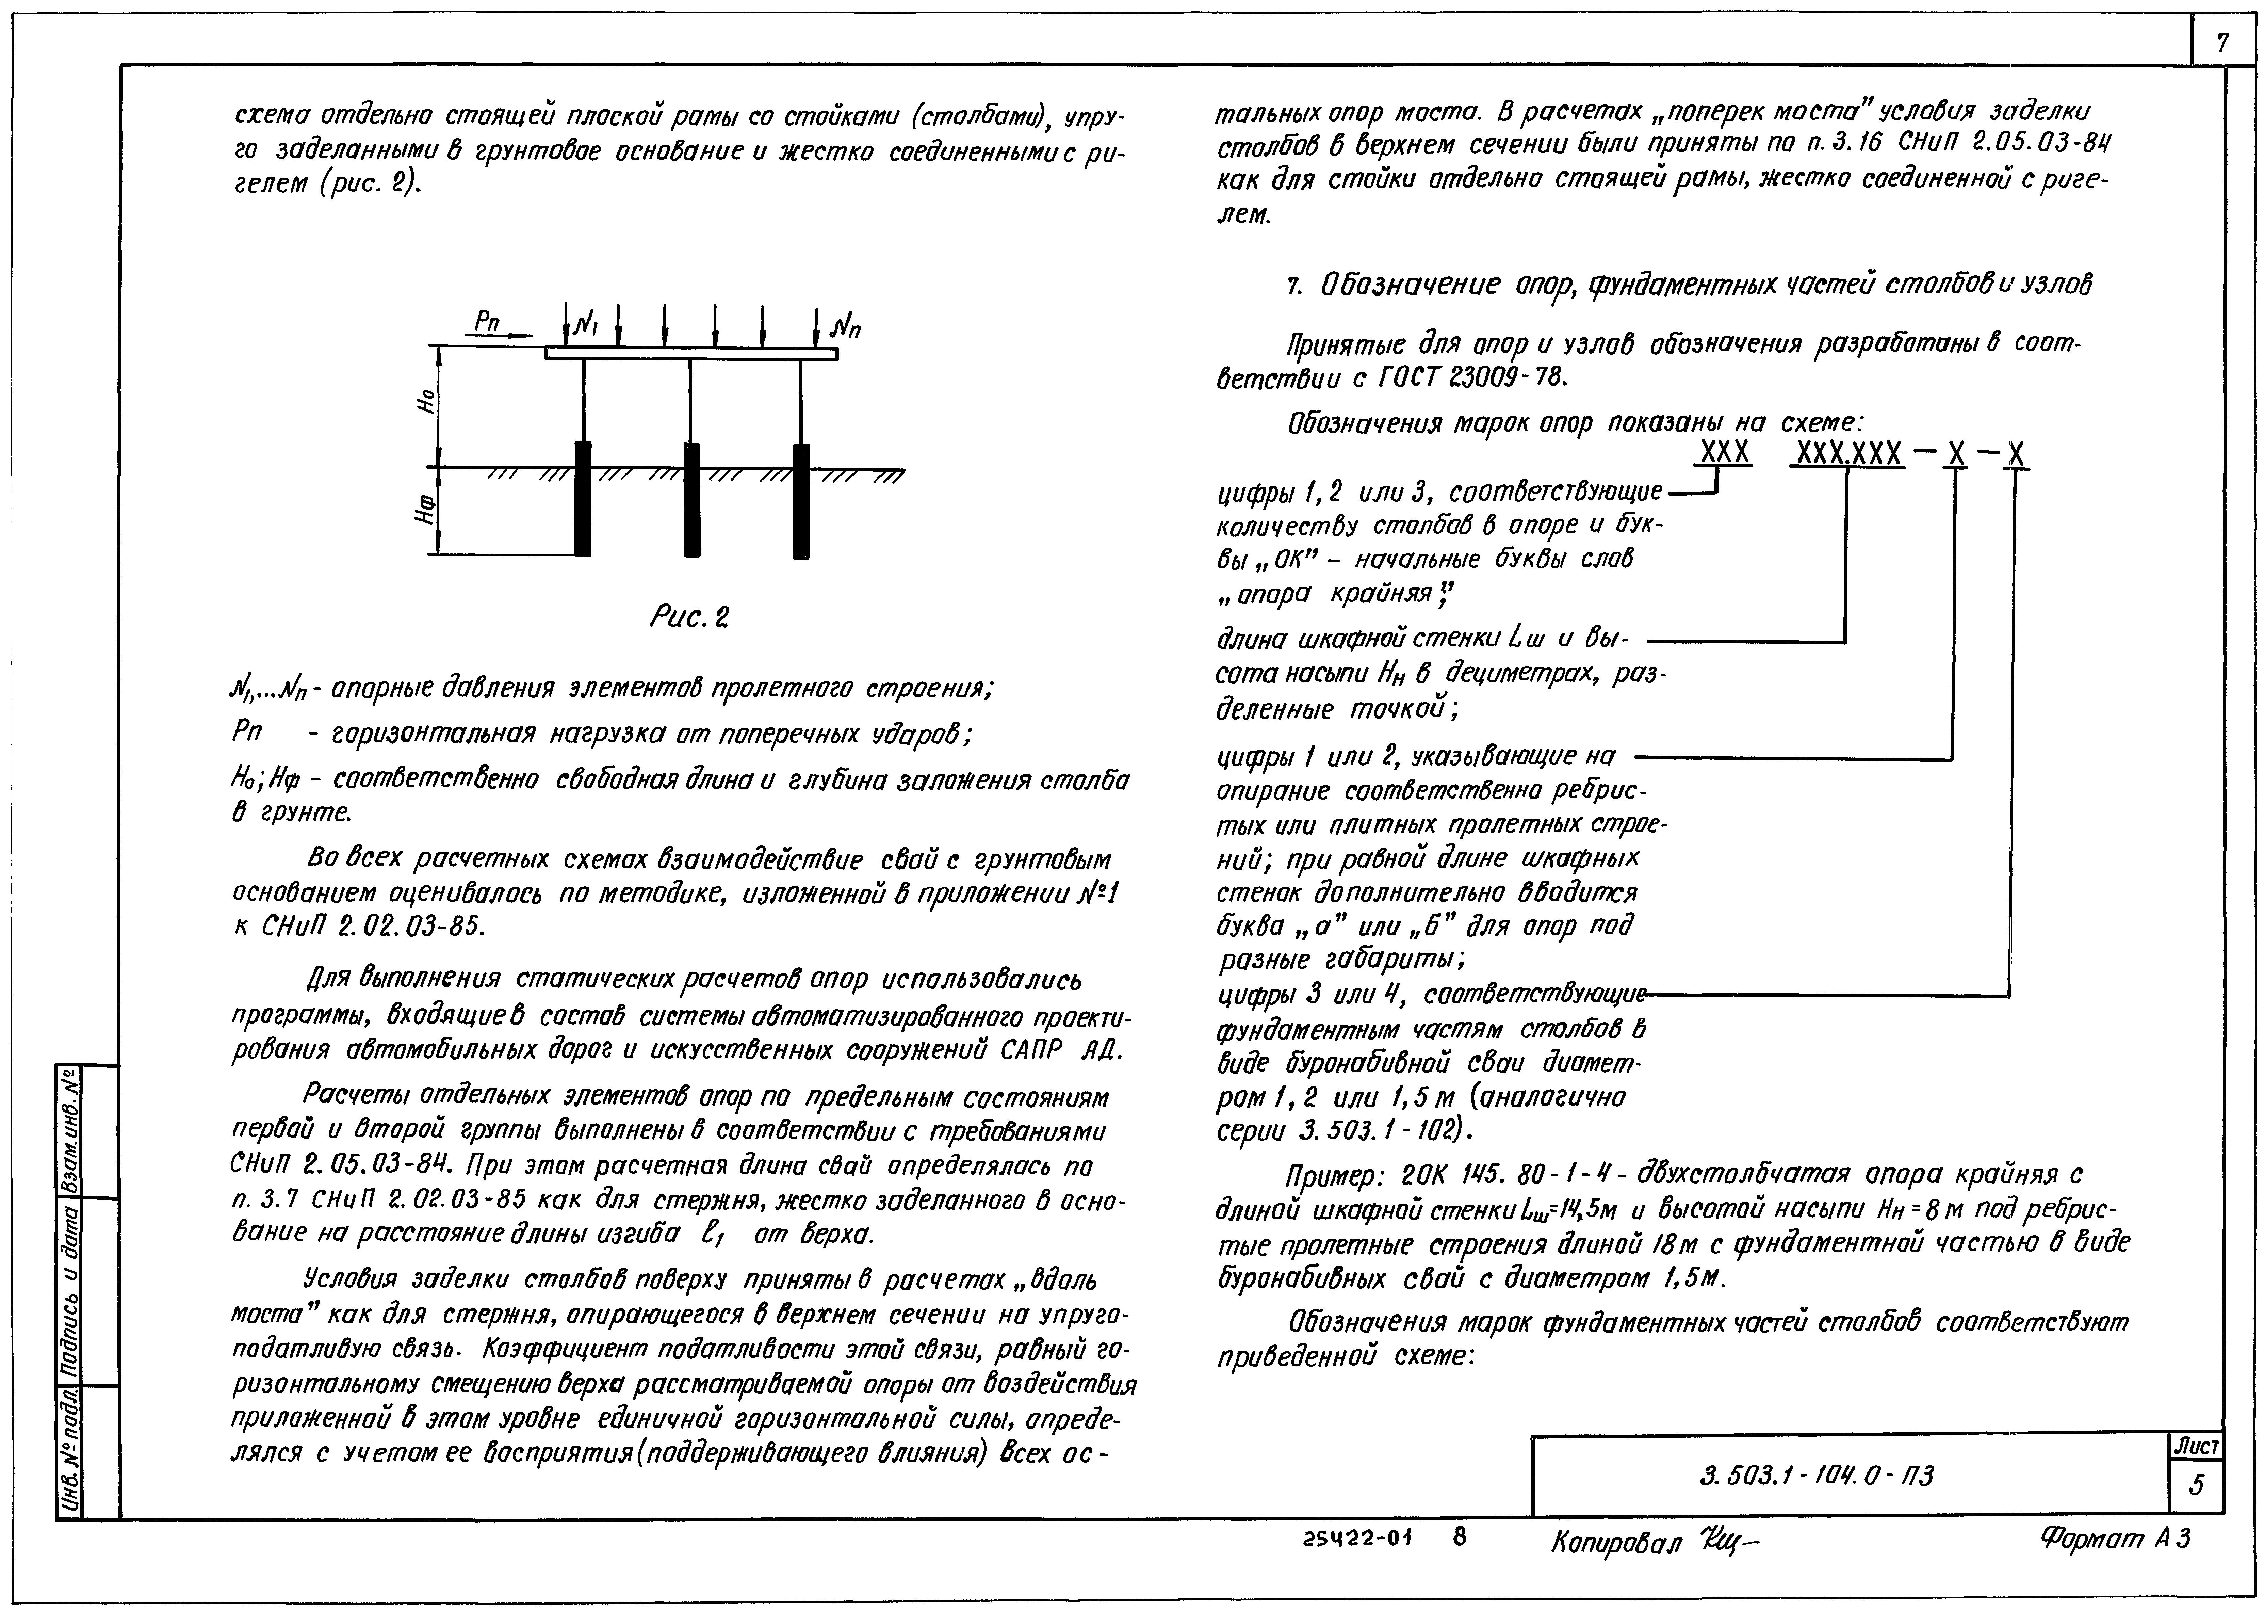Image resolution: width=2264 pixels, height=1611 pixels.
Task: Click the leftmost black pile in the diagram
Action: pyautogui.click(x=583, y=499)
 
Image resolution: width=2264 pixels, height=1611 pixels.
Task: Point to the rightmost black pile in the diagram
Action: pyautogui.click(x=801, y=499)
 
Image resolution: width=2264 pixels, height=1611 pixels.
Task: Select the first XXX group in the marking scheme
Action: pyautogui.click(x=1726, y=453)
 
